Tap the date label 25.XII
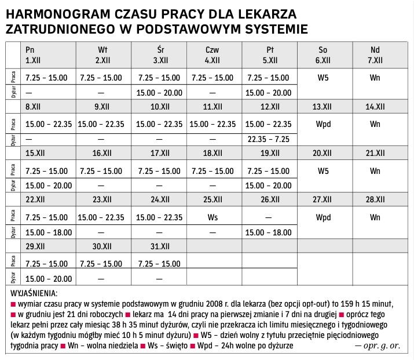point(212,199)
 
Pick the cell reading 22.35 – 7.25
point(268,139)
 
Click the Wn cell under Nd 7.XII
point(375,77)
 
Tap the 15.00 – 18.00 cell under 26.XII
point(268,232)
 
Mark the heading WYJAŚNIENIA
point(34,293)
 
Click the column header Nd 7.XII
point(375,54)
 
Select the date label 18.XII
point(212,153)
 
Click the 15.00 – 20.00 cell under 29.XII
point(49,278)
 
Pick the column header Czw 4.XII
point(212,54)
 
